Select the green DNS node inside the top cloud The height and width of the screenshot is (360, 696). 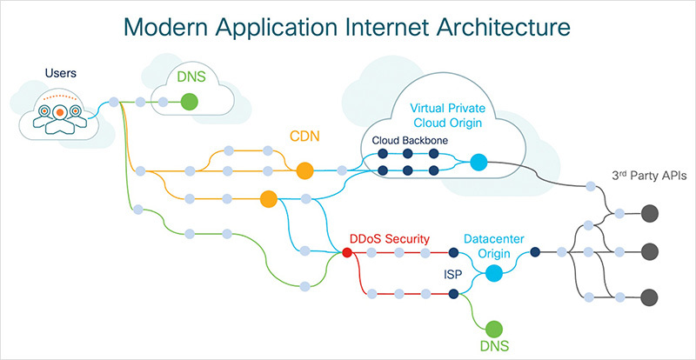coord(190,103)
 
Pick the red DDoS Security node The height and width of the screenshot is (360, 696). coord(347,253)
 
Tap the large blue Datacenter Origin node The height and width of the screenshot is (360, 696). coord(493,274)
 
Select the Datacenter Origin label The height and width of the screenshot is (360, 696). coord(492,246)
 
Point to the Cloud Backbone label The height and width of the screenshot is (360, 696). coord(411,141)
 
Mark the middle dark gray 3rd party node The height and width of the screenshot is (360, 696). coord(648,252)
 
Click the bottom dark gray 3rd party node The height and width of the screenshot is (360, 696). coord(648,295)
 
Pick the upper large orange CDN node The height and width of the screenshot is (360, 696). coord(304,170)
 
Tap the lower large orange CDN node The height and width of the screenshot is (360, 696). coord(269,200)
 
